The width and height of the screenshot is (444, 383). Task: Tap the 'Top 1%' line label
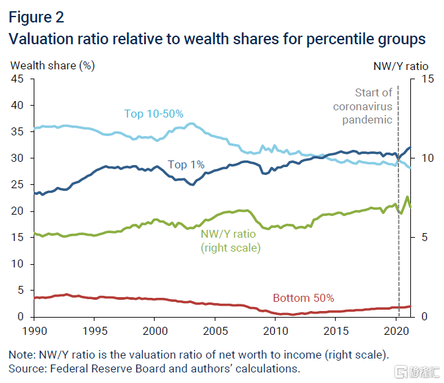click(x=186, y=164)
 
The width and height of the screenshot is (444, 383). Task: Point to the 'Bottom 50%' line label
click(x=303, y=298)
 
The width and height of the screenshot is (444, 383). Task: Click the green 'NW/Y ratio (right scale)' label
click(x=231, y=241)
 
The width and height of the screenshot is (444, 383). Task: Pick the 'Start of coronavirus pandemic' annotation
click(x=363, y=106)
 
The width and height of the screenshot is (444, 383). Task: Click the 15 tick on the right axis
click(x=417, y=79)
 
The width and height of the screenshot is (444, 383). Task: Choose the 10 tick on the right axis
click(x=417, y=158)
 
